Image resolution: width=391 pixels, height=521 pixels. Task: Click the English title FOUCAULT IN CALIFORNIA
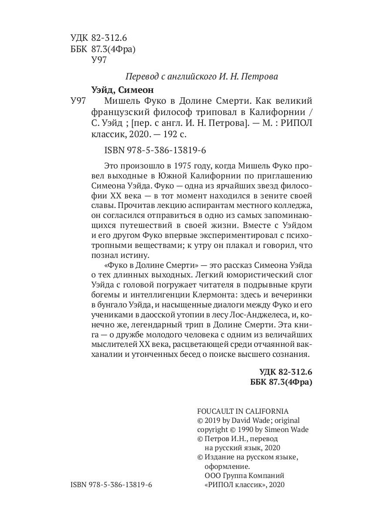point(243,411)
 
